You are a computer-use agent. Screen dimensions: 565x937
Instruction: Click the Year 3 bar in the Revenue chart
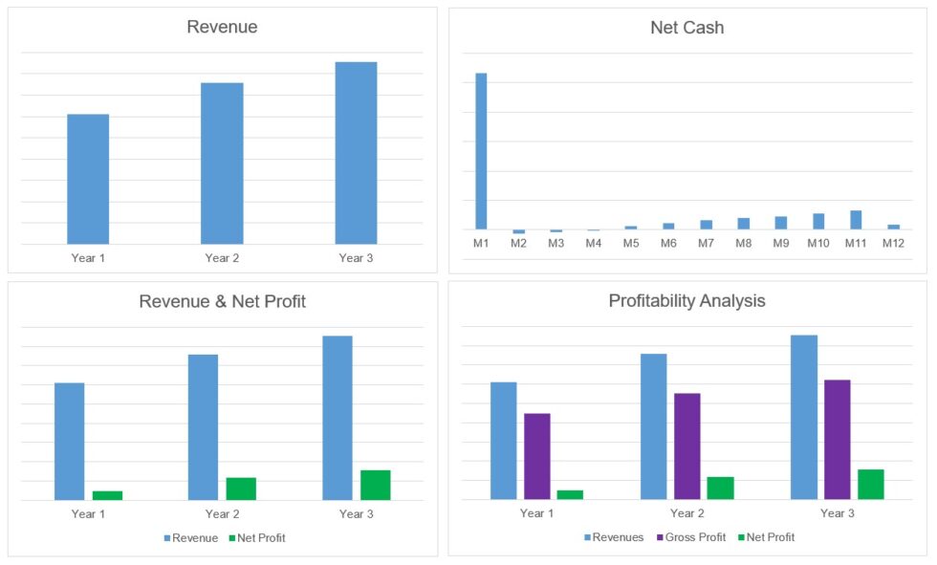tap(356, 153)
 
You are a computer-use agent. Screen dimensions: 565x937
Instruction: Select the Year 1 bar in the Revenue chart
tap(88, 179)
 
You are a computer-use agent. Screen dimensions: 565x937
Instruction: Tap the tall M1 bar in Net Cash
tap(481, 151)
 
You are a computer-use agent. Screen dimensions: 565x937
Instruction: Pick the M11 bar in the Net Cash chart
tap(856, 220)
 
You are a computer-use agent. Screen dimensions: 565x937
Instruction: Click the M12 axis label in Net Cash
tap(893, 244)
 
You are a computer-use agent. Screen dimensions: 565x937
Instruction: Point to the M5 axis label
tap(630, 244)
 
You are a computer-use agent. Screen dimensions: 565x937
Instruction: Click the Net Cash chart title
tap(686, 28)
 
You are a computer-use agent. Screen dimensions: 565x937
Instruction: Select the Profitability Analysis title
tap(686, 301)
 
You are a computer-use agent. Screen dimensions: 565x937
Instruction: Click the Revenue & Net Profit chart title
tap(222, 302)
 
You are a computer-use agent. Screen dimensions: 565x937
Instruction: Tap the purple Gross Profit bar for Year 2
tap(686, 445)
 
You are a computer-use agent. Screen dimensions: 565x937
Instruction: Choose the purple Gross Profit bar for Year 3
tap(837, 439)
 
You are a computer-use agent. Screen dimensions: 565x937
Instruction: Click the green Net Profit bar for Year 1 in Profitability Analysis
tap(570, 494)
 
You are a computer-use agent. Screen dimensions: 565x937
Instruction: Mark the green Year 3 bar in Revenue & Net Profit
tap(375, 485)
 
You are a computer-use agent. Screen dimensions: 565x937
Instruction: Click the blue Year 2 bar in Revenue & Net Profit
tap(203, 426)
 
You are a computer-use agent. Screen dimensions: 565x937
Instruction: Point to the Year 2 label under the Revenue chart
tap(222, 258)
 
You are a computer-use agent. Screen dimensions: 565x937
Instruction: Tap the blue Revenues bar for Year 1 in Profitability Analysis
tap(503, 440)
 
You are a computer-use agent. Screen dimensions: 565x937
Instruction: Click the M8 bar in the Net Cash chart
tap(743, 224)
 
